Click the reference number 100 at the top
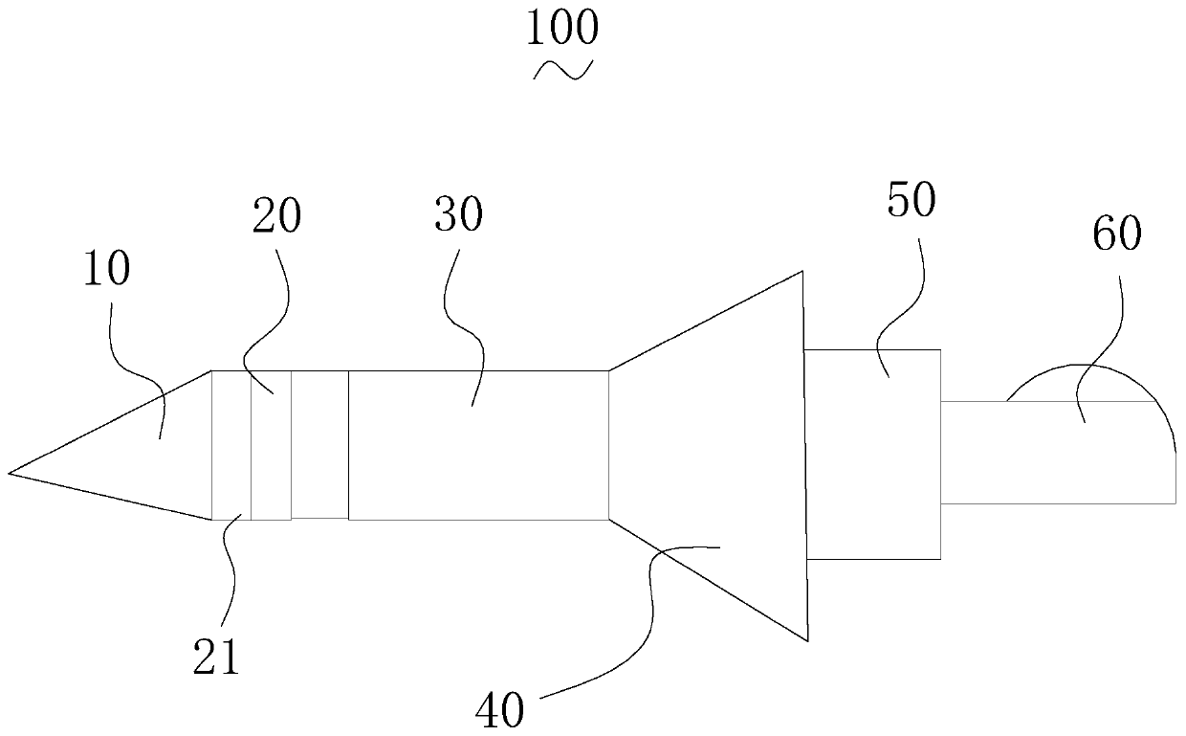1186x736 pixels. (x=562, y=29)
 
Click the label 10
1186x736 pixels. (x=107, y=272)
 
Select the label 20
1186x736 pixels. (x=276, y=217)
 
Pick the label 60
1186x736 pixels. (x=1116, y=234)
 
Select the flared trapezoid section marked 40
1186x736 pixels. (x=727, y=450)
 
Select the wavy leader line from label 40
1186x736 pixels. (x=650, y=613)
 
